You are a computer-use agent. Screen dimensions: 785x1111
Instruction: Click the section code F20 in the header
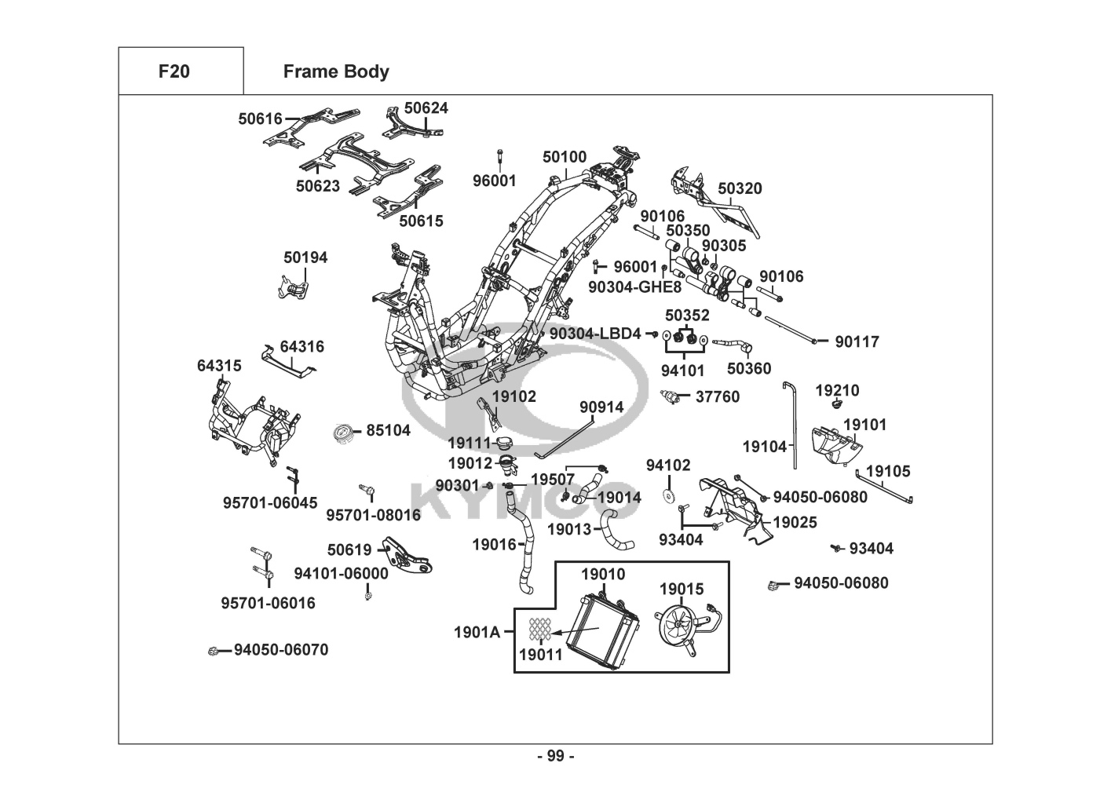[x=174, y=71]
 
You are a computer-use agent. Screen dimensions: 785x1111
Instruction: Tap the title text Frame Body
[x=336, y=71]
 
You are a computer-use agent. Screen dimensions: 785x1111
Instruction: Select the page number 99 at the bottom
[x=556, y=756]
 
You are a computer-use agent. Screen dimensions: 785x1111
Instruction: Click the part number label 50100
[x=565, y=157]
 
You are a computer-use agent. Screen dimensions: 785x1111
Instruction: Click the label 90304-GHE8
[x=635, y=287]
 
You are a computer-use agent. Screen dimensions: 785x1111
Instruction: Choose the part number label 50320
[x=740, y=188]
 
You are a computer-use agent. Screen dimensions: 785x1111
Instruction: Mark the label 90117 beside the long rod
[x=857, y=342]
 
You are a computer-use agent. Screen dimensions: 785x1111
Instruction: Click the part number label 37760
[x=718, y=397]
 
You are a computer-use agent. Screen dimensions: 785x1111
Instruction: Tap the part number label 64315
[x=219, y=366]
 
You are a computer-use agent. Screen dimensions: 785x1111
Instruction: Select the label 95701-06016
[x=268, y=603]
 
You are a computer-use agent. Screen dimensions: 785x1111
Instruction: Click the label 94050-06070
[x=281, y=650]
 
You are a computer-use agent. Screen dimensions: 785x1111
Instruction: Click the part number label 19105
[x=888, y=471]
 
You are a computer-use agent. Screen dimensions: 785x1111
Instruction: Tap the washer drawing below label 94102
[x=669, y=496]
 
